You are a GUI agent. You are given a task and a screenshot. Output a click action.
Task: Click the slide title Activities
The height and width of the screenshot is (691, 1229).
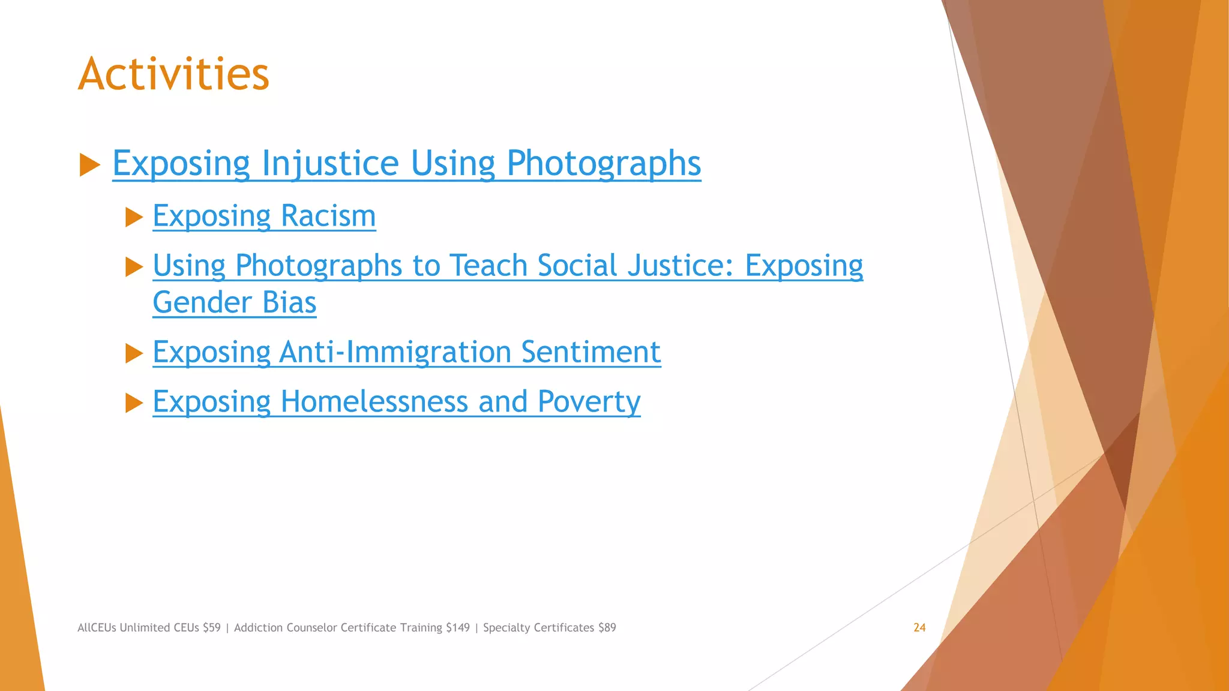tap(173, 74)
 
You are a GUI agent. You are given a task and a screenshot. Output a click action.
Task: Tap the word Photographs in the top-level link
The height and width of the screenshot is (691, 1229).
tap(603, 163)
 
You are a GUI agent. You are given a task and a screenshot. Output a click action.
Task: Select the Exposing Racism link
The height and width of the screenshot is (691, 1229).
tap(264, 216)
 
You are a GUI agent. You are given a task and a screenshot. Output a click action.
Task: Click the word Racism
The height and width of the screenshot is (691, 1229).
tap(328, 216)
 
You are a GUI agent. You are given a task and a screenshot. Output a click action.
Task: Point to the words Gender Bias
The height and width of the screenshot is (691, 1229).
tap(234, 302)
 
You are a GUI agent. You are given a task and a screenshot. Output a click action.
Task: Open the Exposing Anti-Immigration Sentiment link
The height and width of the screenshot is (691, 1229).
tap(406, 352)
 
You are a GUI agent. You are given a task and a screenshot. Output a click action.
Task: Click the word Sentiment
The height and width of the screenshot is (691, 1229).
tap(590, 352)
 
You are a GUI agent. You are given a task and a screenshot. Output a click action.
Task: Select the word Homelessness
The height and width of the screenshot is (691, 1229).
tap(374, 401)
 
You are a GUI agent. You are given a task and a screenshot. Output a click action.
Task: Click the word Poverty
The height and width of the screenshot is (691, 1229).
tap(589, 401)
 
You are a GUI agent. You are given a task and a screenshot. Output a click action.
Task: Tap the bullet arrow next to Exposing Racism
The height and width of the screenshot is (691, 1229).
tap(134, 217)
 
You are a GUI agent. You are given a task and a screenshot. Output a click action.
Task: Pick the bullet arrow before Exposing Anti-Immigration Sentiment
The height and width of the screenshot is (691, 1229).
tap(134, 353)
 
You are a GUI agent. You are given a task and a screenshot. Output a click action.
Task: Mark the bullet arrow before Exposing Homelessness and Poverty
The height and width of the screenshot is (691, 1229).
tap(134, 403)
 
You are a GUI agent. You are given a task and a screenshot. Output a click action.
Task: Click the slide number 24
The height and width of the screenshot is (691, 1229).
tap(919, 627)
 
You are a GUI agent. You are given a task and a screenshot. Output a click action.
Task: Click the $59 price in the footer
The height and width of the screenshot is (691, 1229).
tap(212, 627)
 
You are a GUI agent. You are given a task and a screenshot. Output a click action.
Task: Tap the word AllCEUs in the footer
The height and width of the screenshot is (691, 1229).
tap(97, 627)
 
